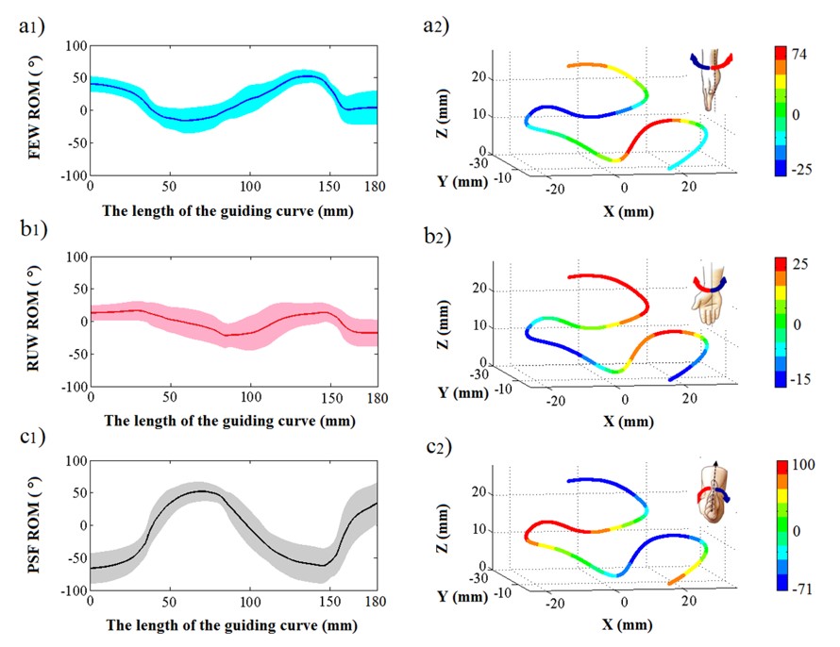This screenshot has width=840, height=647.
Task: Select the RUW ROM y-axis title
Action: coord(35,322)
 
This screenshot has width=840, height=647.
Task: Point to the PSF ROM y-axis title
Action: coord(35,526)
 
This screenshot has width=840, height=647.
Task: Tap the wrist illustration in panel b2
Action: coord(706,293)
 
